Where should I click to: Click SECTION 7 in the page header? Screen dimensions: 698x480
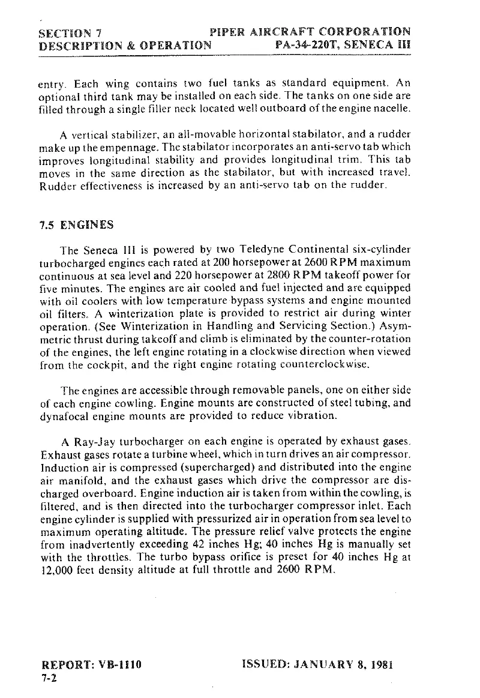(70, 32)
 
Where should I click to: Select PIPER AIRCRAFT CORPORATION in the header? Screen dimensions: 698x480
(310, 32)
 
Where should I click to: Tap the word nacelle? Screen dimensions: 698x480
(393, 109)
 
